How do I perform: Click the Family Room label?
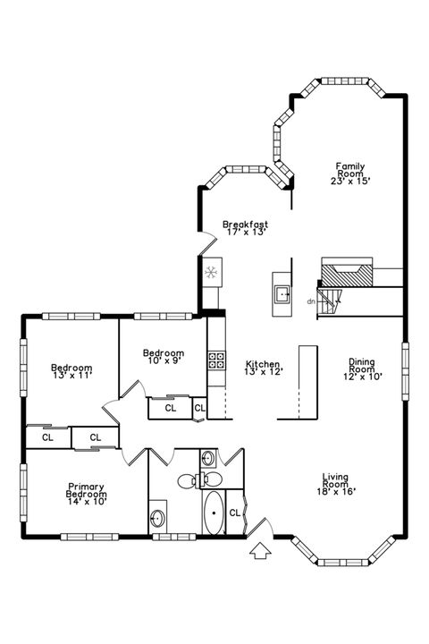click(x=349, y=173)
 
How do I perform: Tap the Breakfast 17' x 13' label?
click(x=245, y=228)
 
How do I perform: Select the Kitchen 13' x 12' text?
click(x=264, y=368)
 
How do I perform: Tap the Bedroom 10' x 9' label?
click(x=164, y=357)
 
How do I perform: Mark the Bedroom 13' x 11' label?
click(x=71, y=372)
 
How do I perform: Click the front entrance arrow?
click(x=261, y=552)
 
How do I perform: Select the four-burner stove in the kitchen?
click(x=216, y=360)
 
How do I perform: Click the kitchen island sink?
click(x=282, y=293)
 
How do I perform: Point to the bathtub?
click(x=214, y=514)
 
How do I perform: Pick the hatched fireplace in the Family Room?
click(x=347, y=273)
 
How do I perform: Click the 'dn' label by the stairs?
click(x=310, y=301)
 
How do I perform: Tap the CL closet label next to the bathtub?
click(x=234, y=513)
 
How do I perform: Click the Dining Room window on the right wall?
click(x=404, y=368)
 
